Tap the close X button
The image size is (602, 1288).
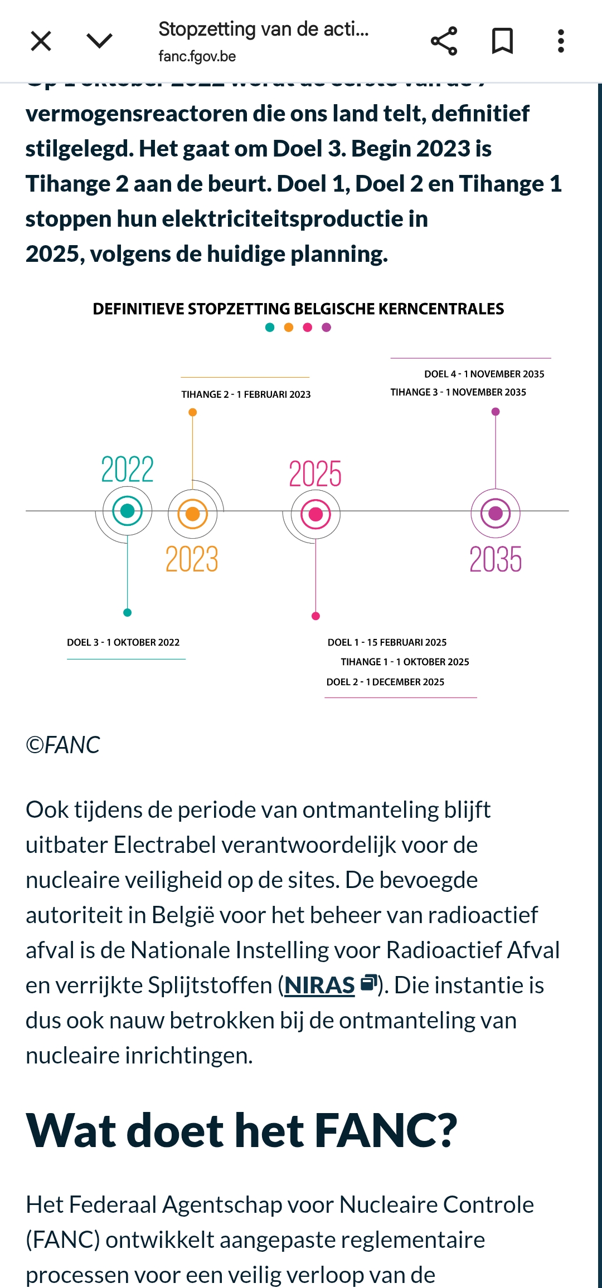[x=41, y=41]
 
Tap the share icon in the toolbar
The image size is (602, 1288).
[x=444, y=41]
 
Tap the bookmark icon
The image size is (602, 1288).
[x=502, y=41]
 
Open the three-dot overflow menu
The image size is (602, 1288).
[x=561, y=41]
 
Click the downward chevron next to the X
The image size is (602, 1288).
[x=100, y=41]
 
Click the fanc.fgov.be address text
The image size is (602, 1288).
[x=197, y=56]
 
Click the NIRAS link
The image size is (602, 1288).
[x=319, y=985]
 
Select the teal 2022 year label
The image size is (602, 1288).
[x=127, y=469]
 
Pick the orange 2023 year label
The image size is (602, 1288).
[x=192, y=559]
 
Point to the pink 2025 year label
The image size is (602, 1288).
[x=315, y=474]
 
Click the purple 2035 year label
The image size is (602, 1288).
[x=496, y=559]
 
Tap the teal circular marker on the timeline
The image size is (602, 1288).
[x=127, y=511]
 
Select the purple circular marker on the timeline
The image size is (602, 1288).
[x=496, y=513]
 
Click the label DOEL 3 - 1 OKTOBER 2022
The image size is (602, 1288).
[x=123, y=642]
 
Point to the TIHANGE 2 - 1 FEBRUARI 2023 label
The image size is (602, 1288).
[x=246, y=394]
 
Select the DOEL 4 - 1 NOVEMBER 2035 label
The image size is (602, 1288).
[x=484, y=374]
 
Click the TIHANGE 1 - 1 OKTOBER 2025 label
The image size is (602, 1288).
[x=405, y=662]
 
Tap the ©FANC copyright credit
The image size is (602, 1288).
[x=63, y=745]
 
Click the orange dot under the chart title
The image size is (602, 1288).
[x=289, y=328]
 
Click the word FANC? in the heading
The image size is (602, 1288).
[x=386, y=1131]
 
